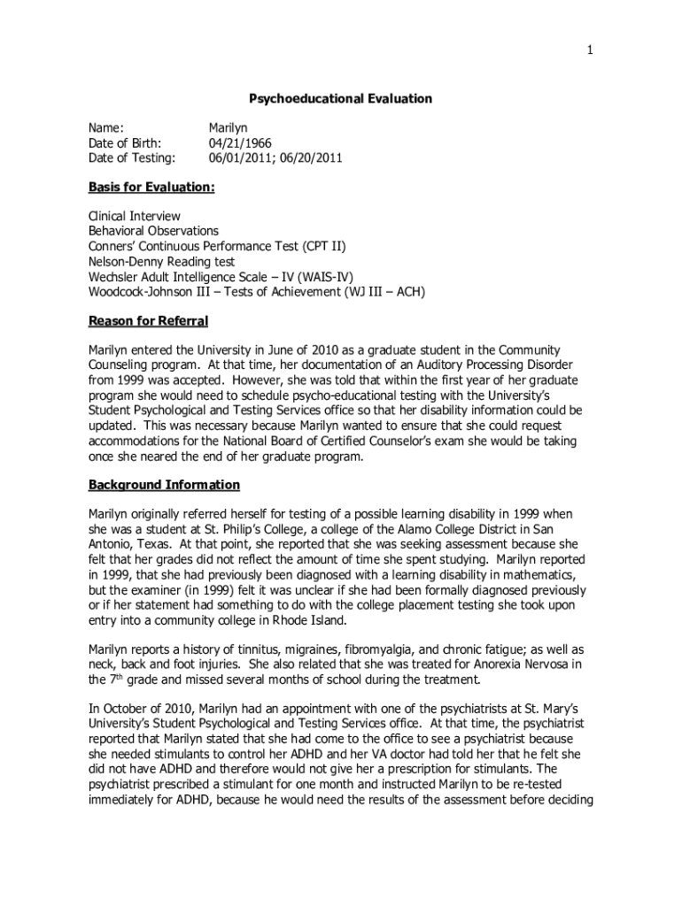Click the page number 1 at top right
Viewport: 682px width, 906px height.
(x=590, y=51)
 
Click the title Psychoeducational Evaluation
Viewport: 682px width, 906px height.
(x=340, y=99)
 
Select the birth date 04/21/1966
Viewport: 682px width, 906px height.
(x=240, y=142)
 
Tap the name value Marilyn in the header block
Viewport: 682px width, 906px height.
(x=229, y=127)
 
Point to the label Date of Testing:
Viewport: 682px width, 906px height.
(x=131, y=157)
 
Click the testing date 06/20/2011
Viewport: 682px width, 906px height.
(x=312, y=157)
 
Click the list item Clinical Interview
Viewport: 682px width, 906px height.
(x=134, y=216)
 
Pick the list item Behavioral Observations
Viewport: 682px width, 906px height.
(x=153, y=231)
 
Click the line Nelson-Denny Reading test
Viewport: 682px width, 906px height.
(x=161, y=261)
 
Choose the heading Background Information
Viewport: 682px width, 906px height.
(x=164, y=485)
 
